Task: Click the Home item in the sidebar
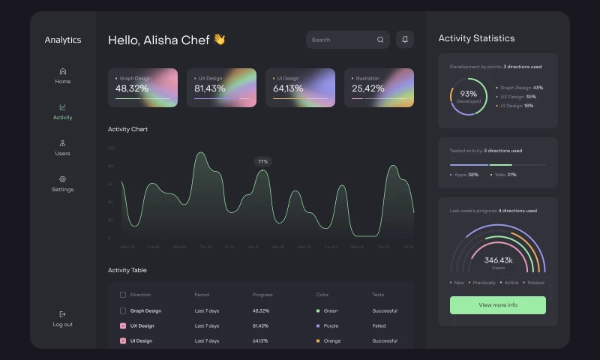pyautogui.click(x=63, y=76)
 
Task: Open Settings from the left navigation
pyautogui.click(x=63, y=184)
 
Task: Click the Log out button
pyautogui.click(x=63, y=319)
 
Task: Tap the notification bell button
pyautogui.click(x=405, y=40)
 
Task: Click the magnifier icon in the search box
pyautogui.click(x=380, y=40)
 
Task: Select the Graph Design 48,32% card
pyautogui.click(x=146, y=88)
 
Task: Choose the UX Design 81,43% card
pyautogui.click(x=225, y=88)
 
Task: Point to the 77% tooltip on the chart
pyautogui.click(x=262, y=161)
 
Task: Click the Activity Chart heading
pyautogui.click(x=127, y=129)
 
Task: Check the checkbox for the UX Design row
pyautogui.click(x=123, y=325)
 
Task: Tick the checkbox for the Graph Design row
pyautogui.click(x=123, y=310)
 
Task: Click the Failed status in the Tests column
pyautogui.click(x=379, y=325)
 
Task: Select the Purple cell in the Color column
pyautogui.click(x=330, y=325)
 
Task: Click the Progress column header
pyautogui.click(x=262, y=295)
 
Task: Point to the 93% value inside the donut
pyautogui.click(x=469, y=94)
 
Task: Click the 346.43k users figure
pyautogui.click(x=498, y=260)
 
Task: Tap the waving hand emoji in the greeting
pyautogui.click(x=219, y=40)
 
